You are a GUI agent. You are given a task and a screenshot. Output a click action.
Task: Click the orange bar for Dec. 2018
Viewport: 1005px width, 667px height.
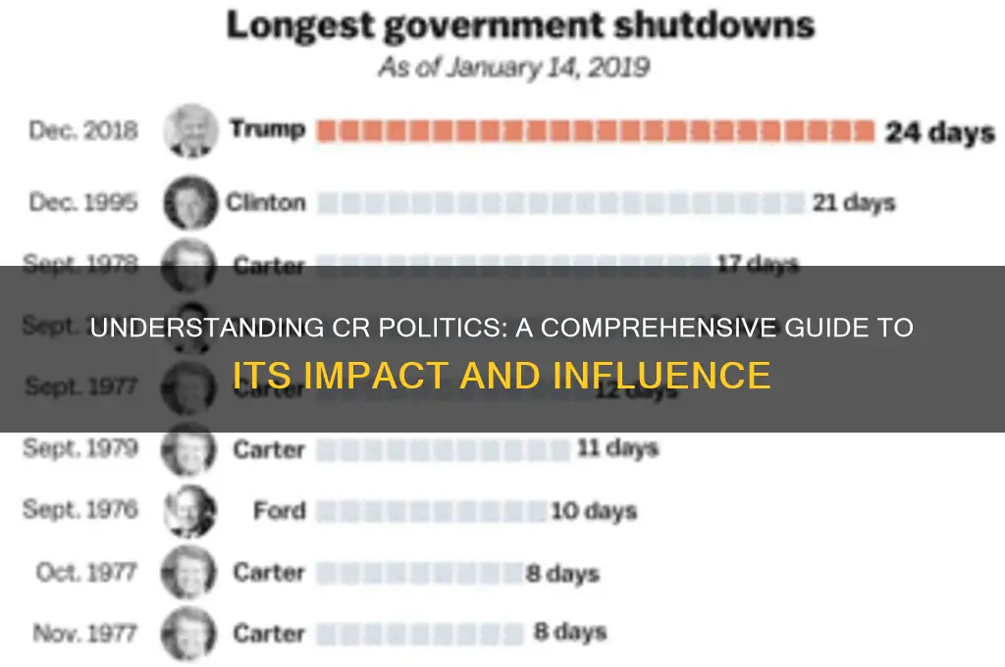click(594, 131)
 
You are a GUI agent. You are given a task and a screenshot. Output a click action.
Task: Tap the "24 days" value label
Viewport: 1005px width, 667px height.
click(939, 131)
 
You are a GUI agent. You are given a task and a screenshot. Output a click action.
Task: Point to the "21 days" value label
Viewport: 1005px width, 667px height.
click(853, 203)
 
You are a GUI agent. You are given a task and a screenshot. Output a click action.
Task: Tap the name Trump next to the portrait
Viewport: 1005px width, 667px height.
click(267, 128)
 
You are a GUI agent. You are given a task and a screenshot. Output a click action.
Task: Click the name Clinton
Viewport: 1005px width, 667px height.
click(266, 203)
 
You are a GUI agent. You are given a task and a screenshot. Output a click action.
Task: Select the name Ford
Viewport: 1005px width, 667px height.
click(279, 510)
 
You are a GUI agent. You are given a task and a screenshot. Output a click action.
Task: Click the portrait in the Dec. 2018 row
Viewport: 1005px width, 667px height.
click(190, 129)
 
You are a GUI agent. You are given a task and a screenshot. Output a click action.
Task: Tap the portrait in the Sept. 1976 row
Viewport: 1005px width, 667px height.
click(189, 511)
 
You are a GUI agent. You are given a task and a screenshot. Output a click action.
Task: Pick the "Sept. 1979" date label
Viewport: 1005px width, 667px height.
click(81, 449)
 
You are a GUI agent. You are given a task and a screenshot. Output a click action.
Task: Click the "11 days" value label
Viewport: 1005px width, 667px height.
click(616, 449)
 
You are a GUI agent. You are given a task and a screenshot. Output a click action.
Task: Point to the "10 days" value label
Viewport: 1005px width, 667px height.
click(593, 511)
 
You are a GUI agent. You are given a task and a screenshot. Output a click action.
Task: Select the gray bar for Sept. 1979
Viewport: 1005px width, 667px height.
click(442, 450)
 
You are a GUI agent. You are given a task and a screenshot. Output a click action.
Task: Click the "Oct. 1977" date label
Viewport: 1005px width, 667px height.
click(85, 572)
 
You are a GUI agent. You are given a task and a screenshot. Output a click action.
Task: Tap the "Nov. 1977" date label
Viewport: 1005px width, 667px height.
click(85, 633)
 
